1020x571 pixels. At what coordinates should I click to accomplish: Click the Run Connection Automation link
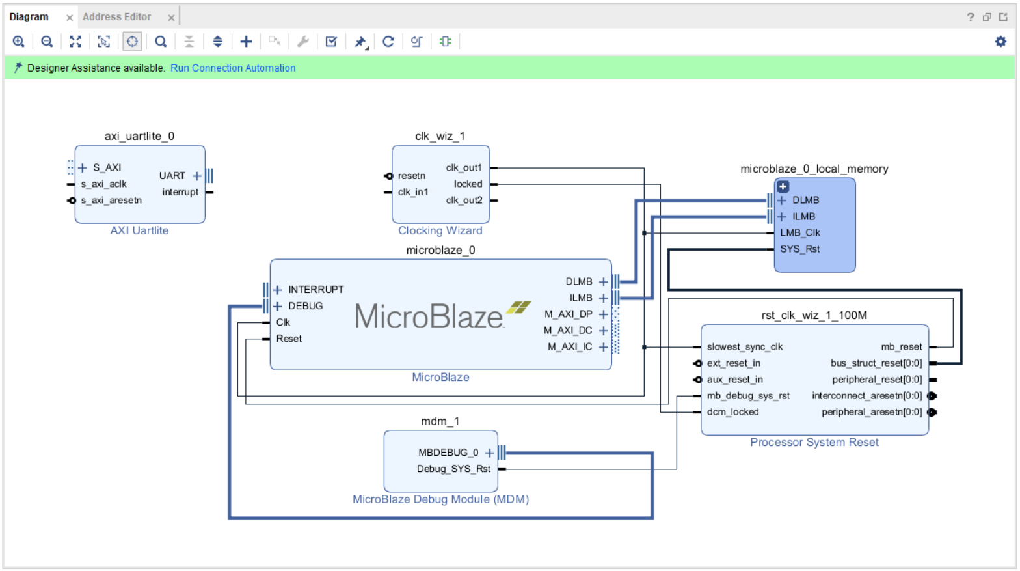pos(233,68)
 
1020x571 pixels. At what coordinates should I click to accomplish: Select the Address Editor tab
pos(116,17)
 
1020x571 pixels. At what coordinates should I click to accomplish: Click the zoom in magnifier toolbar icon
pos(19,42)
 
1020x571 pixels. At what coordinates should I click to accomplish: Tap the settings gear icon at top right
pos(1000,42)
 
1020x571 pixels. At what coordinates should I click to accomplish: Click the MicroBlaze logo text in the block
pos(429,317)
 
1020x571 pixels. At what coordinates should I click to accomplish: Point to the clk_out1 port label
pos(464,168)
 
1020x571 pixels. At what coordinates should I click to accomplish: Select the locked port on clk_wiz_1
pos(468,184)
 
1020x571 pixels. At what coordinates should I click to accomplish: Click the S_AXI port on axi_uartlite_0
pos(107,168)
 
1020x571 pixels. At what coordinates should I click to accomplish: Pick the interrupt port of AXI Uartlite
pos(180,192)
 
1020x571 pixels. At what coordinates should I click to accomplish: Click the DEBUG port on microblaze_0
pos(305,306)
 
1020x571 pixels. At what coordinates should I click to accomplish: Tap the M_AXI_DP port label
pos(568,314)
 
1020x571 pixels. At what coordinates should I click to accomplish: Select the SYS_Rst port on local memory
pos(799,249)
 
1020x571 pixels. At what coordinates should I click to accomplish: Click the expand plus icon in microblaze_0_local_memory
pos(783,186)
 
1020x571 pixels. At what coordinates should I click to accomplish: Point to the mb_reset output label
pos(901,347)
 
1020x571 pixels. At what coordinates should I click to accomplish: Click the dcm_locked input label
pos(732,412)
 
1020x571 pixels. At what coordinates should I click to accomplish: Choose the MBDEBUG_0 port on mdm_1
pos(448,453)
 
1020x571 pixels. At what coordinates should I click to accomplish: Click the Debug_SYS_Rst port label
pos(453,469)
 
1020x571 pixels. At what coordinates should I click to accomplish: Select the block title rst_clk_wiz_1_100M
pos(814,315)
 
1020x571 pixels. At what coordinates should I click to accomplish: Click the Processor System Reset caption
pos(814,443)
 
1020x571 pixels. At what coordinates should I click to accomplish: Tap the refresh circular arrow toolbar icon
pos(388,42)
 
